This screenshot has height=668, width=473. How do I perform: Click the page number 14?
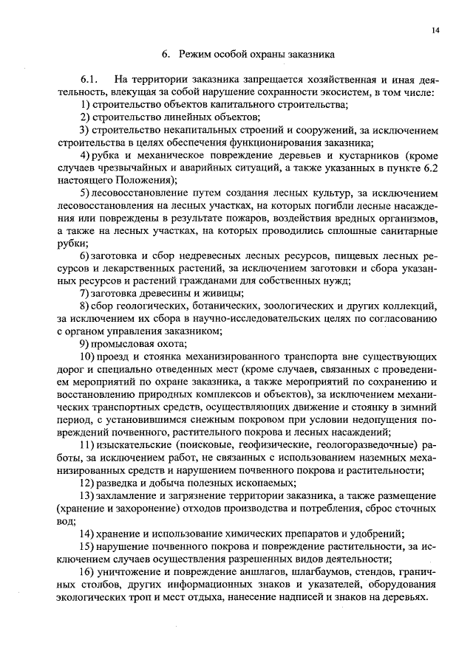(x=434, y=30)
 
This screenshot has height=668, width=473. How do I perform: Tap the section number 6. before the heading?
(x=166, y=54)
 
